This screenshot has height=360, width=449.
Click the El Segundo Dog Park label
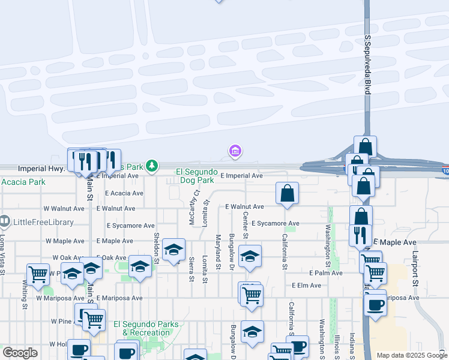195,176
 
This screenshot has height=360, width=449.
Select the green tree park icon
152,165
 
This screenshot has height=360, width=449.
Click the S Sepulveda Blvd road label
367,64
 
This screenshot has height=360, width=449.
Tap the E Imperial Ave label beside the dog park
241,176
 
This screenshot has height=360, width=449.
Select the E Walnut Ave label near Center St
244,206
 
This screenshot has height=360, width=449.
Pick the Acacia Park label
23,182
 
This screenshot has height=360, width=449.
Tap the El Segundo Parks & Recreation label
146,328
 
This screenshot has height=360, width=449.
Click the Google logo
20,353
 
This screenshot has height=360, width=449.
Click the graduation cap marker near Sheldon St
173,250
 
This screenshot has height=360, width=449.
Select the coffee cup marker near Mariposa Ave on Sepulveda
375,304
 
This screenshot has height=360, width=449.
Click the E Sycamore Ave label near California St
275,223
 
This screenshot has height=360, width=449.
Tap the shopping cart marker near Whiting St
38,274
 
